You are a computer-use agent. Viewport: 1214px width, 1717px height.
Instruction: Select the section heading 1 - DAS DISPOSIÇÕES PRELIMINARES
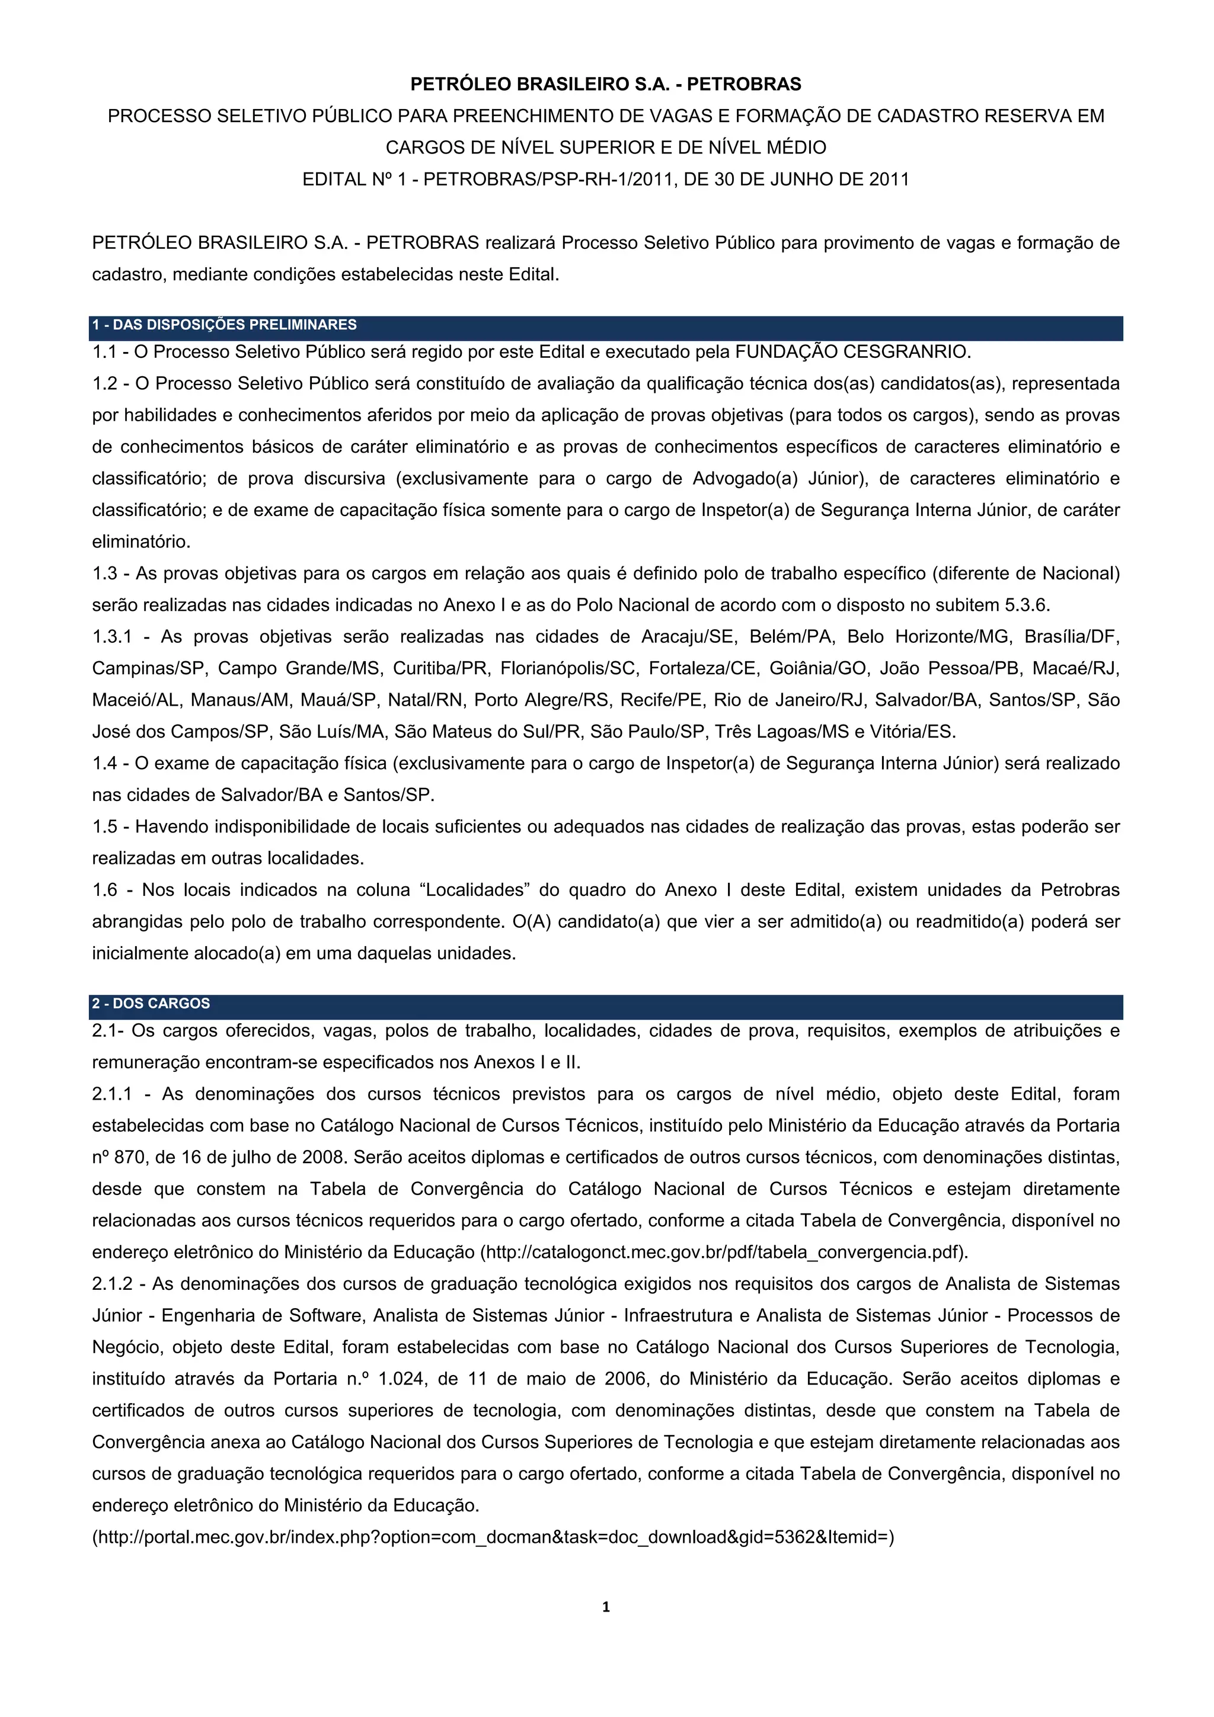[x=225, y=325]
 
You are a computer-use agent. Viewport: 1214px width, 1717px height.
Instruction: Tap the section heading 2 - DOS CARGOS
[x=151, y=1004]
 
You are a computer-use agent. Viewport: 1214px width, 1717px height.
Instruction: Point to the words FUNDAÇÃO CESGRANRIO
[x=853, y=351]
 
